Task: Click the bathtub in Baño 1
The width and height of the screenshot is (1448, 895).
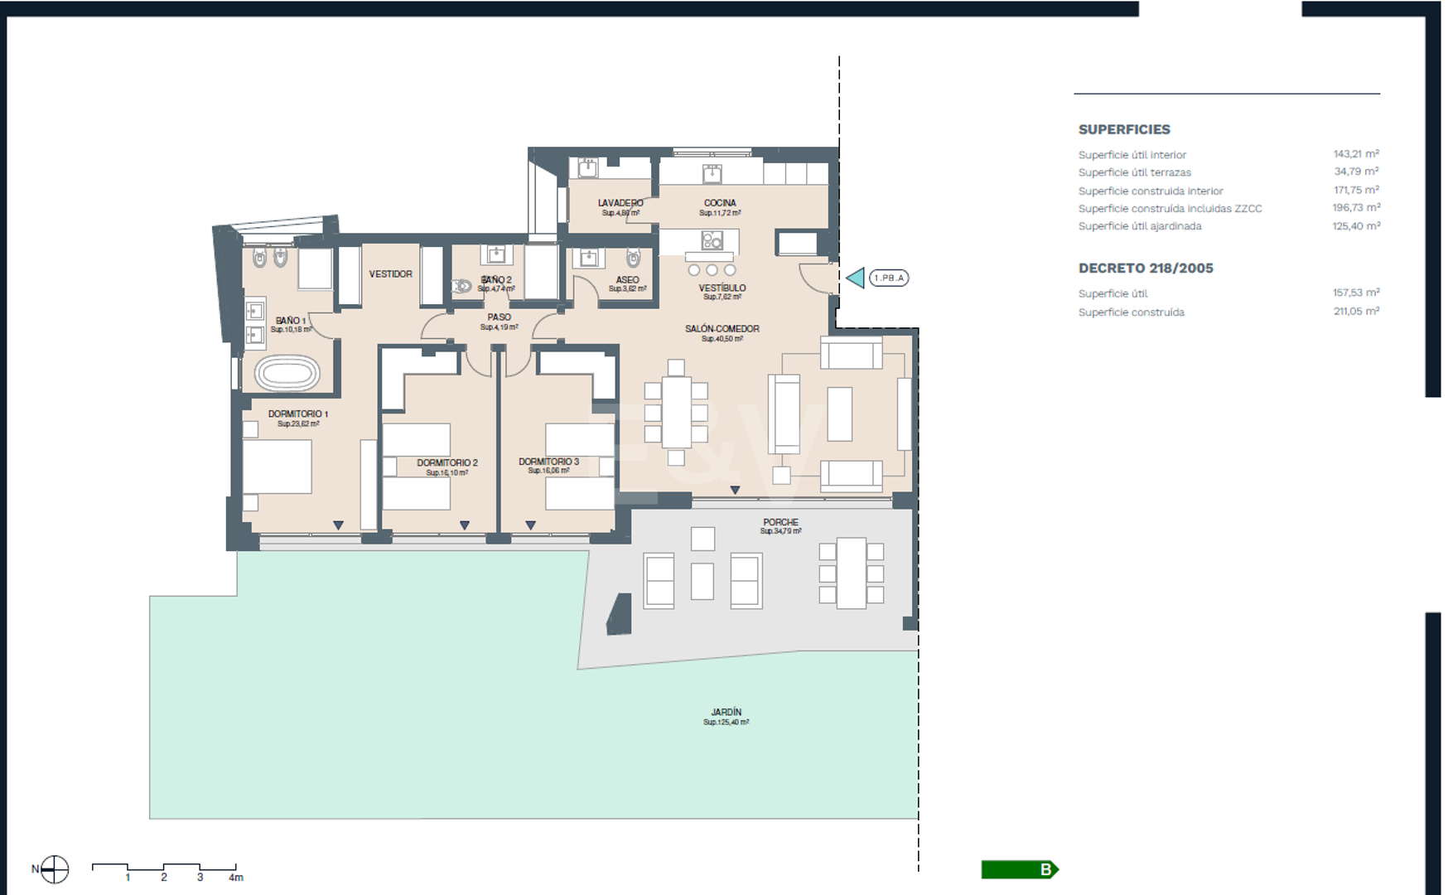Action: [287, 374]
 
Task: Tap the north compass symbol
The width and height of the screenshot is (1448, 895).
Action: [55, 869]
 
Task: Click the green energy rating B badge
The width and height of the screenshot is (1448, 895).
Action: [1020, 869]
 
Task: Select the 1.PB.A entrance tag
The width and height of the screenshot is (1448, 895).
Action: [889, 278]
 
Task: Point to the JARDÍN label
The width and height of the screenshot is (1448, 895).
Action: [726, 712]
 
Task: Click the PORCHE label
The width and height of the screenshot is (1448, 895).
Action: [780, 522]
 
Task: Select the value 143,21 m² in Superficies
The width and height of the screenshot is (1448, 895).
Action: [1355, 154]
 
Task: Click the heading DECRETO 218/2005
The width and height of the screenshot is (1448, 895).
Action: [1145, 268]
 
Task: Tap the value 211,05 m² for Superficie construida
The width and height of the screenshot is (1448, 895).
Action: [1355, 312]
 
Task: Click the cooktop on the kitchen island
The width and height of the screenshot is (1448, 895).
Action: [712, 241]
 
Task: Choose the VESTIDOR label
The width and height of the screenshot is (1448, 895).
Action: [390, 274]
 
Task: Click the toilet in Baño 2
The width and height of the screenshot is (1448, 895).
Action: [461, 286]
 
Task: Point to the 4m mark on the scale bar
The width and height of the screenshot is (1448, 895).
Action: [236, 877]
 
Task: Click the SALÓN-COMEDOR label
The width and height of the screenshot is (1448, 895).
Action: [722, 329]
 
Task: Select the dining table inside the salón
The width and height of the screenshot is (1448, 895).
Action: [676, 412]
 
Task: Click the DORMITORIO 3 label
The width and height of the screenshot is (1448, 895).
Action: [548, 462]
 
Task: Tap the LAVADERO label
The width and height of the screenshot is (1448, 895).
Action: [620, 203]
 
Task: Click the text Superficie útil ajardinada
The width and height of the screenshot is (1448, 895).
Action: [1139, 226]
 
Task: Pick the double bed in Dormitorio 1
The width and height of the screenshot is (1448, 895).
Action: [278, 467]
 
